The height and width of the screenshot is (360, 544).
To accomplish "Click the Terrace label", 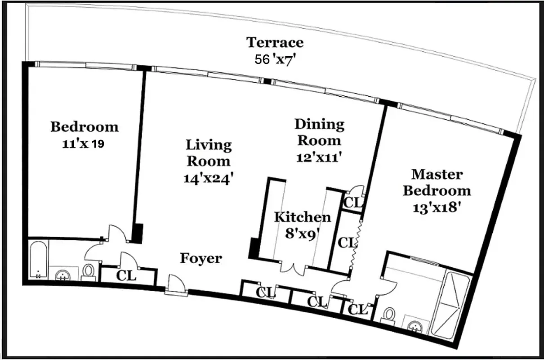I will (275, 43).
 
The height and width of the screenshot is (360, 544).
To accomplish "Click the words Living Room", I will (209, 153).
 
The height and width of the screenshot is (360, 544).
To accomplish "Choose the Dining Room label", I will (319, 132).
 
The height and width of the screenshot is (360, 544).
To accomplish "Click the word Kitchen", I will (303, 217).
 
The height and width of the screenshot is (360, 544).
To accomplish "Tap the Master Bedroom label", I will (437, 182).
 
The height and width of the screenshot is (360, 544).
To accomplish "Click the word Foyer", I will (201, 258).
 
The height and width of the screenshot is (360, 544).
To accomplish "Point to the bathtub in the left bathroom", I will (38, 260).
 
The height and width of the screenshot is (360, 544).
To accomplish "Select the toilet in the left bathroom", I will (89, 271).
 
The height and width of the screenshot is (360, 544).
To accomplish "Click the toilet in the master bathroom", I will (389, 314).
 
